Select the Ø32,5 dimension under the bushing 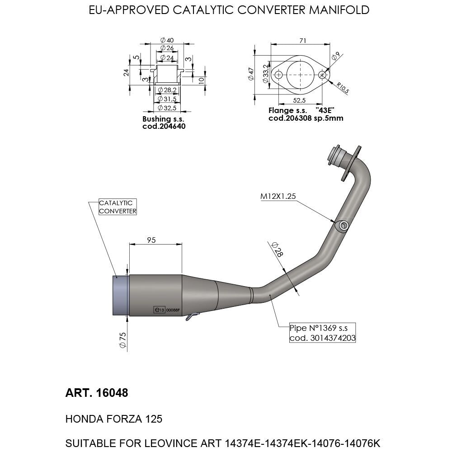click(x=166, y=108)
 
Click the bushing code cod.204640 click(x=164, y=127)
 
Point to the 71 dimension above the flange click(x=302, y=41)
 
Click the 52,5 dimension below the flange click(x=300, y=100)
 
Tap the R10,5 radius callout click(x=342, y=88)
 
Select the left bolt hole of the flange click(x=278, y=75)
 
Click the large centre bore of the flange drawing click(x=300, y=74)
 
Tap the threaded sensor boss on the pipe click(x=343, y=225)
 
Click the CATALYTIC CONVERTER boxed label click(x=117, y=207)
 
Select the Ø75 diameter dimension click(x=122, y=340)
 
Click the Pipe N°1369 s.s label click(x=322, y=329)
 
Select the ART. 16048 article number click(x=97, y=393)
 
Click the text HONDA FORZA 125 click(x=114, y=419)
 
